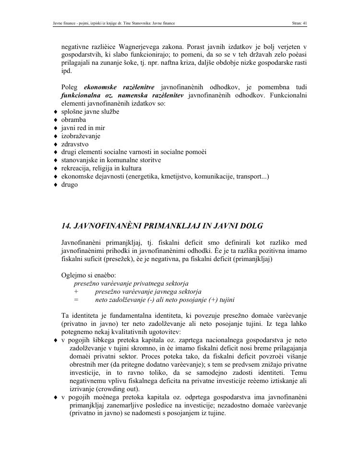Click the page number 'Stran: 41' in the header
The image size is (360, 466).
coord(299,23)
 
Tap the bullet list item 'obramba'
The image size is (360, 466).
coord(73,119)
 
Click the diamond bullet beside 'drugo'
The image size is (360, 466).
coord(56,185)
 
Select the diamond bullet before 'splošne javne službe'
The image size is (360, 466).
coord(56,112)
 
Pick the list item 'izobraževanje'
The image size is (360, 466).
coord(80,136)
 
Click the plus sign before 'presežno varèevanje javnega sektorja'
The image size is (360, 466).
coord(76,292)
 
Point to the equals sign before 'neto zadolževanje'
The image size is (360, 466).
coord(76,300)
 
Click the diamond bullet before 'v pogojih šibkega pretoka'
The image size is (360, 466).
coord(56,340)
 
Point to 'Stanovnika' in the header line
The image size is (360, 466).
coord(139,23)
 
